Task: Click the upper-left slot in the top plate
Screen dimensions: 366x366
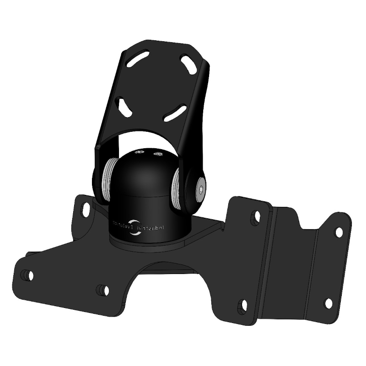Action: point(140,59)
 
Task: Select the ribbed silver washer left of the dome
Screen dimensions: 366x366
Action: point(107,178)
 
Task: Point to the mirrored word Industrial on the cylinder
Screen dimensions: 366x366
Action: point(156,226)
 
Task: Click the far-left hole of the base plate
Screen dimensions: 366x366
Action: point(28,275)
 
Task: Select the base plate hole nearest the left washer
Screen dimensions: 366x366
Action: point(86,210)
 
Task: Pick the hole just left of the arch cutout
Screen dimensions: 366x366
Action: point(103,290)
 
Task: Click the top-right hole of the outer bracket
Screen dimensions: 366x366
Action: point(339,232)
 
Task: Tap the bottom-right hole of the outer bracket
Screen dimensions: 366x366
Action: point(328,303)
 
